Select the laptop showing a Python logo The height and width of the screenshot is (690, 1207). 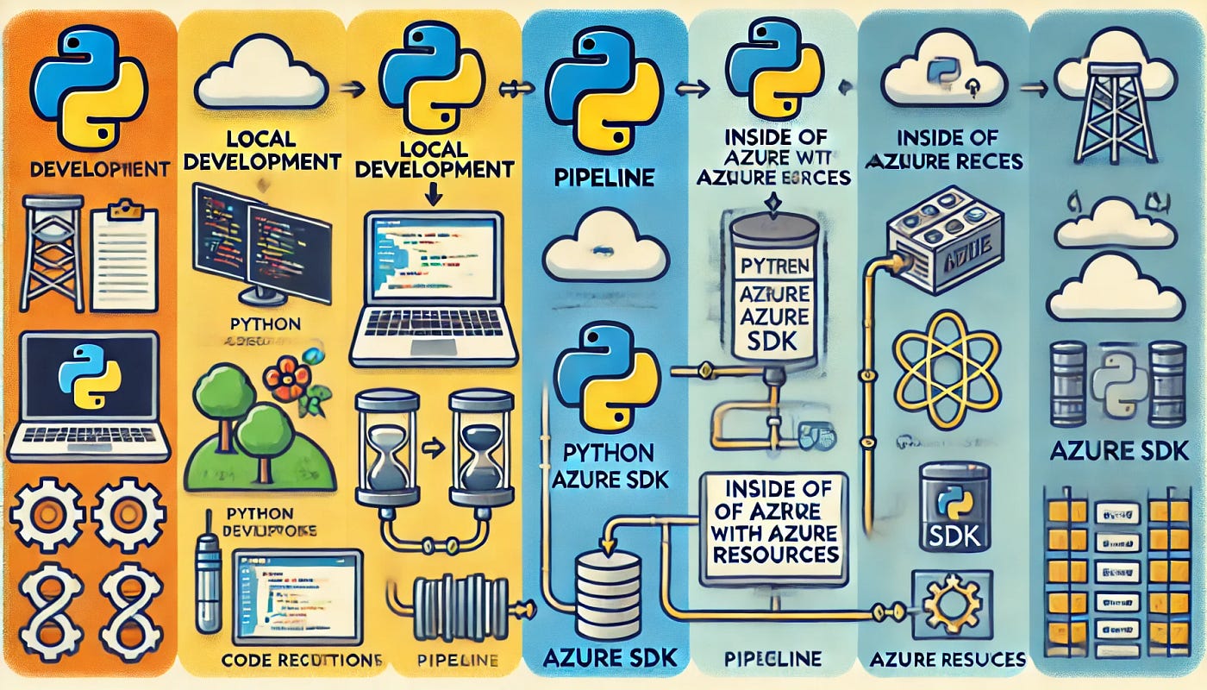[86, 392]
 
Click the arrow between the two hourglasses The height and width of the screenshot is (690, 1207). [431, 448]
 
